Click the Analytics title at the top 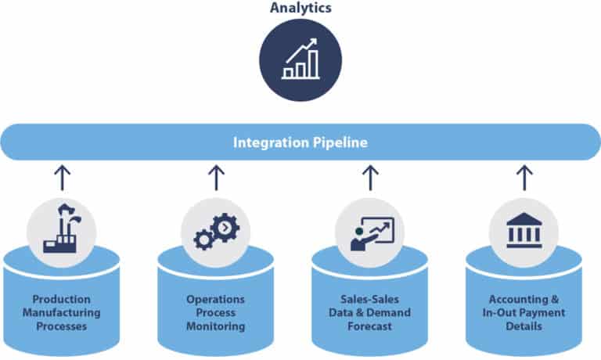click(300, 9)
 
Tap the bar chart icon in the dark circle click(300, 61)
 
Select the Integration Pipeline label click(300, 143)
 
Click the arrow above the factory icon click(62, 178)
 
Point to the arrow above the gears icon click(216, 178)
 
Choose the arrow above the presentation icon click(370, 178)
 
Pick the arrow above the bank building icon click(524, 178)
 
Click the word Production click(62, 299)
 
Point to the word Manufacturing click(62, 313)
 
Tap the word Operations click(216, 299)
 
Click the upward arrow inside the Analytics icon click(308, 49)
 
